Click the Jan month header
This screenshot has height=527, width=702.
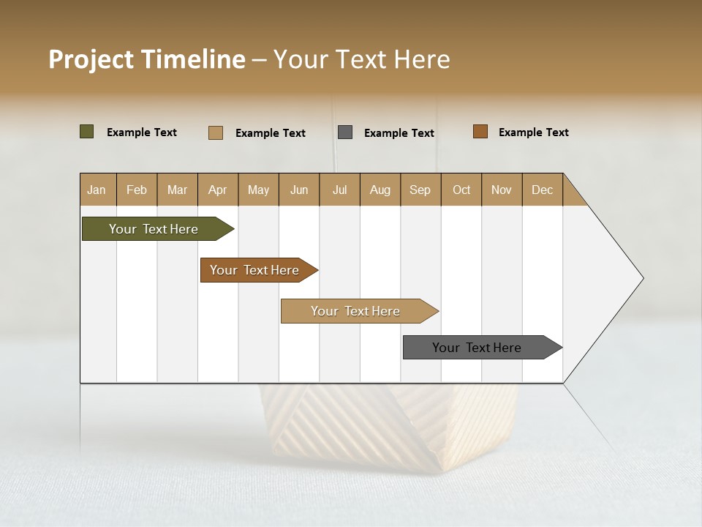97,190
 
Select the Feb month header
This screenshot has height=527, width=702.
137,190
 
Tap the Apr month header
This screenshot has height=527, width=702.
218,190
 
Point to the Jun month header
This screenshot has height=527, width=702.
299,190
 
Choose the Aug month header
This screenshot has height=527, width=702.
380,190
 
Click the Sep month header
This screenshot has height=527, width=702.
420,190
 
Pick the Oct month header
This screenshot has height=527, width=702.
461,190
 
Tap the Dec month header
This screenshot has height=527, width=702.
543,190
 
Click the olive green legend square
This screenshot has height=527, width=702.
86,132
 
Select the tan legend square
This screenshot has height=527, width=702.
215,132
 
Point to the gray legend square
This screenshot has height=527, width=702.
345,132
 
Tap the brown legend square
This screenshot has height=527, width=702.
480,132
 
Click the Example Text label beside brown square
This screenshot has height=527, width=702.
533,132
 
